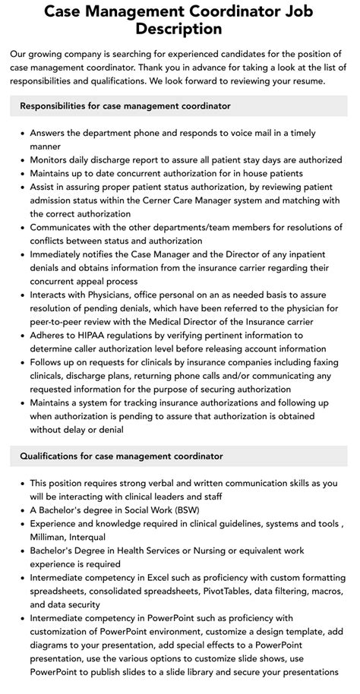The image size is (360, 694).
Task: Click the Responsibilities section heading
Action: tap(125, 106)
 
